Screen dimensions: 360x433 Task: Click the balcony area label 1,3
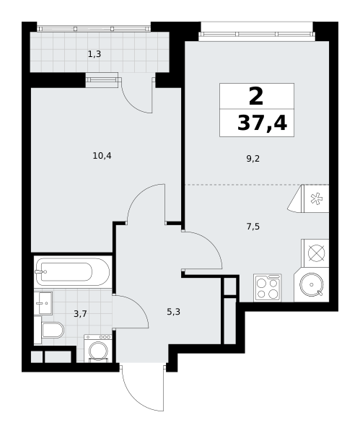coord(95,54)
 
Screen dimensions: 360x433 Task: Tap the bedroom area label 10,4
coord(102,156)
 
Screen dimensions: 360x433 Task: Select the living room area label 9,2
coord(253,159)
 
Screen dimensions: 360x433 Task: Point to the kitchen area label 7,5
coord(253,227)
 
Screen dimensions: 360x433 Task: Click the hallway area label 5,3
coord(174,312)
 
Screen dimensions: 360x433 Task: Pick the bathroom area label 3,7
coord(80,314)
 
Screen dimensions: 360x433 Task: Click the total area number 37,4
coord(262,123)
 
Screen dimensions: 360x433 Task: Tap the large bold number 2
coord(256,96)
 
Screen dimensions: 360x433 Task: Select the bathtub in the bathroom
coord(73,271)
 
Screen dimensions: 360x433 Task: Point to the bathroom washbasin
coord(43,303)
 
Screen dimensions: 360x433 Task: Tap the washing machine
coord(98,348)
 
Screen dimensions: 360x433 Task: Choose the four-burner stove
coord(268,287)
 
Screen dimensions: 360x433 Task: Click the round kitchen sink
coord(312,284)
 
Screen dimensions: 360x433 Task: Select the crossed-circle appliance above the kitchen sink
coord(317,253)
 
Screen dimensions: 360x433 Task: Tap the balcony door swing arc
coord(133,105)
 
